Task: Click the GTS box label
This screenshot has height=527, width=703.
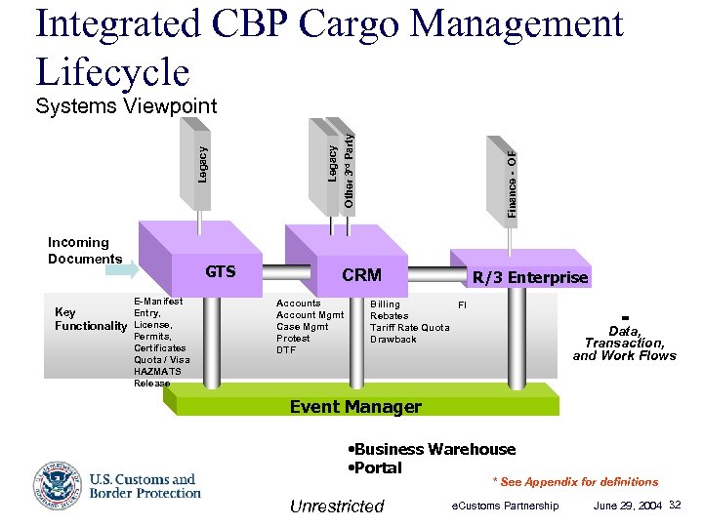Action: (220, 271)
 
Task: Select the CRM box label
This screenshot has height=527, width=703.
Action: (361, 275)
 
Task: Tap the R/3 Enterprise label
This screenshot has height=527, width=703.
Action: (529, 277)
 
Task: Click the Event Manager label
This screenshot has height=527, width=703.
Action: (355, 407)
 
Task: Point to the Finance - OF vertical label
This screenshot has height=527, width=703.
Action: (512, 182)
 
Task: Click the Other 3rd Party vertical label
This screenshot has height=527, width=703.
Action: (349, 166)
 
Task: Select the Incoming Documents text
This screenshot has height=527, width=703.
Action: (85, 251)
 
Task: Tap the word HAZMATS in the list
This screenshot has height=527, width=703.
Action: (157, 372)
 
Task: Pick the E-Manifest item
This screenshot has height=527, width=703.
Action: (158, 302)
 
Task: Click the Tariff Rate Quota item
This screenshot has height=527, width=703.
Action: (409, 328)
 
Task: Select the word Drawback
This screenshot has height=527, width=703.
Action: (393, 340)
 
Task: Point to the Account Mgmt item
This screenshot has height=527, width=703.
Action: (310, 315)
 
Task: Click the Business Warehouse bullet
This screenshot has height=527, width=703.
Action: (432, 449)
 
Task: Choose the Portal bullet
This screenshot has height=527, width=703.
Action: (375, 467)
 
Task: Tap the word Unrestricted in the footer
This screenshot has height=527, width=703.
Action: (337, 506)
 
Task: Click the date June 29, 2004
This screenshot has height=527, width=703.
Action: (628, 505)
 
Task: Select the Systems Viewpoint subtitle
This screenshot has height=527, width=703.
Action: (126, 106)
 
